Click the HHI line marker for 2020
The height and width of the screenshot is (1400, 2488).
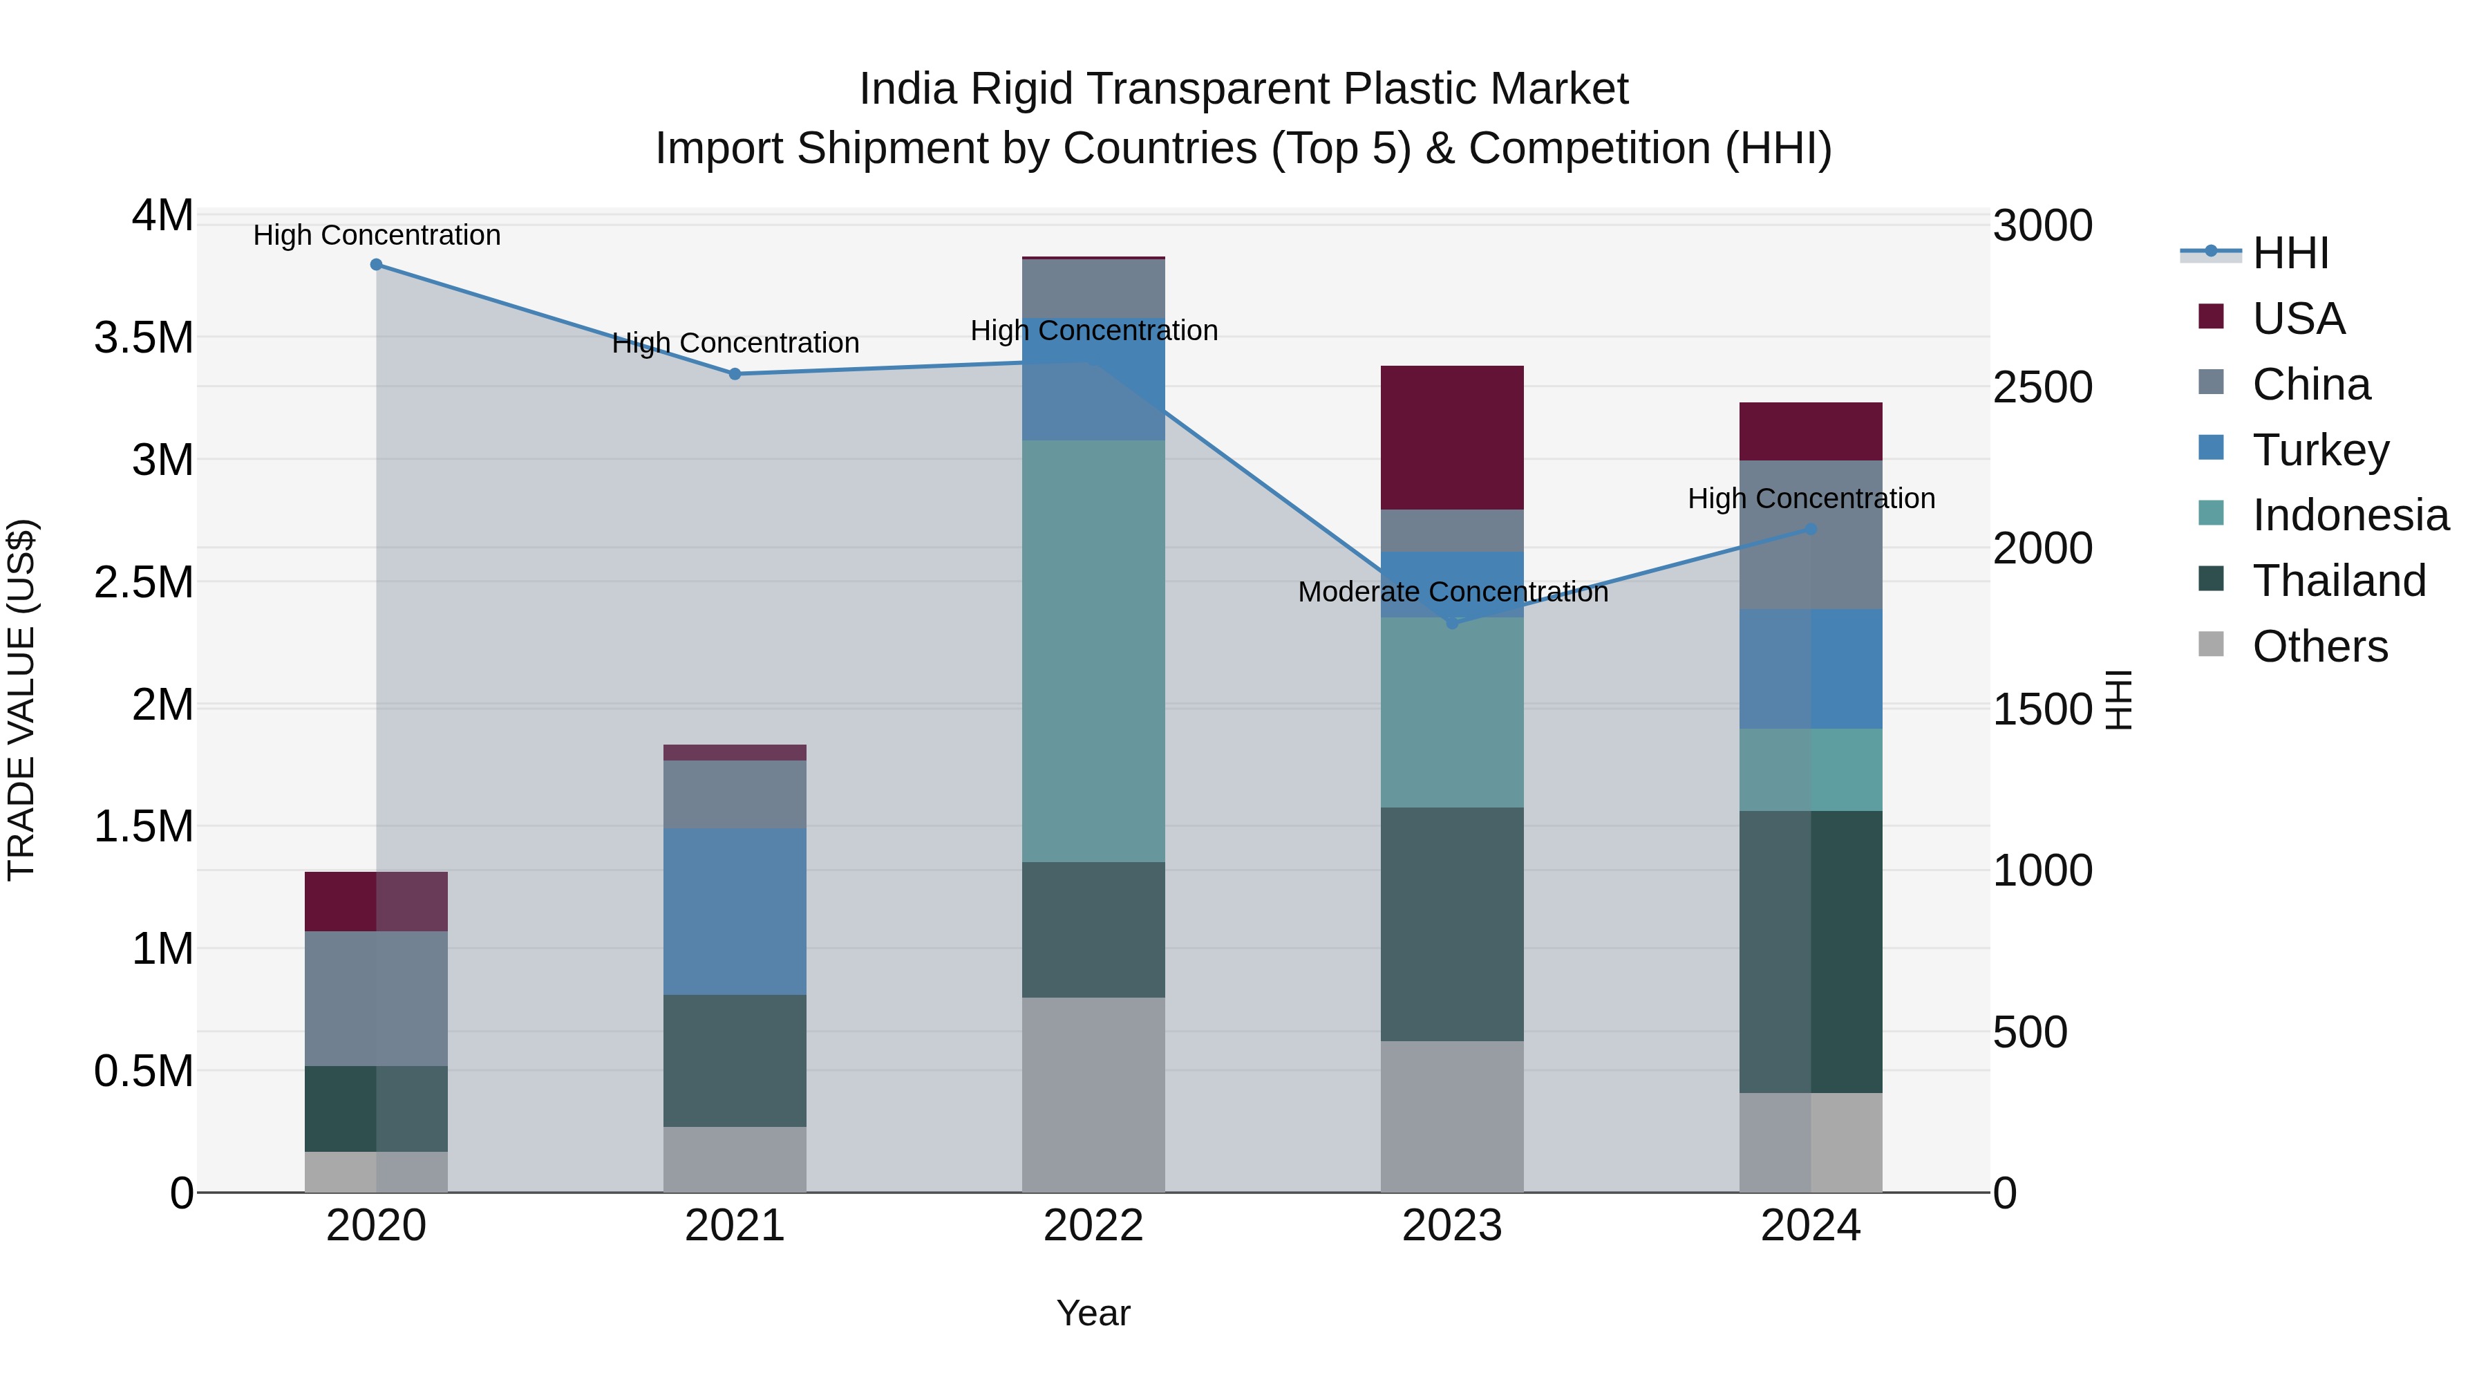(x=377, y=265)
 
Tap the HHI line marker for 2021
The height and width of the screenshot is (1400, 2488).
(x=735, y=374)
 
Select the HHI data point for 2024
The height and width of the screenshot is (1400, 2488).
(x=1811, y=530)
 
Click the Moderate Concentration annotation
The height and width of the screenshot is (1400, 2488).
(x=1453, y=592)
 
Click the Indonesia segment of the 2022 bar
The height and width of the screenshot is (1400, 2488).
(x=1093, y=651)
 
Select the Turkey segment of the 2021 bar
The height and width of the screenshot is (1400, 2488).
(x=735, y=911)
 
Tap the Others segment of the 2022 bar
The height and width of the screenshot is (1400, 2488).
(x=1093, y=1094)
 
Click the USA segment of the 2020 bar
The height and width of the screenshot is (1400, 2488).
(x=377, y=902)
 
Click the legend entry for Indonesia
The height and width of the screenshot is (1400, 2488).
(x=2350, y=515)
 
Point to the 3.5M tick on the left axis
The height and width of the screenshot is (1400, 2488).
(x=144, y=338)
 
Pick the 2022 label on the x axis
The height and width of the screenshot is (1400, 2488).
(x=1093, y=1226)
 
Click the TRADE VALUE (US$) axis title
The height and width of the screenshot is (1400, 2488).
(x=21, y=700)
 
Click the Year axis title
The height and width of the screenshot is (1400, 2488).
(x=1093, y=1313)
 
